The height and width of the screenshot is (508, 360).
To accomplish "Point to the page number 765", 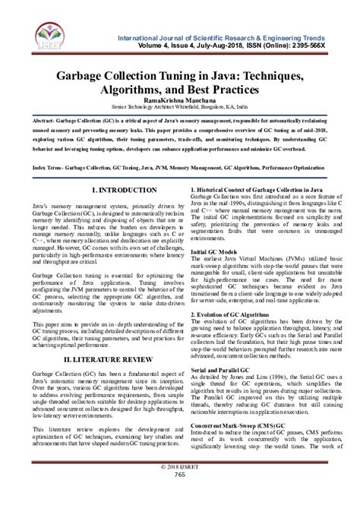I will click(180, 496).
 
